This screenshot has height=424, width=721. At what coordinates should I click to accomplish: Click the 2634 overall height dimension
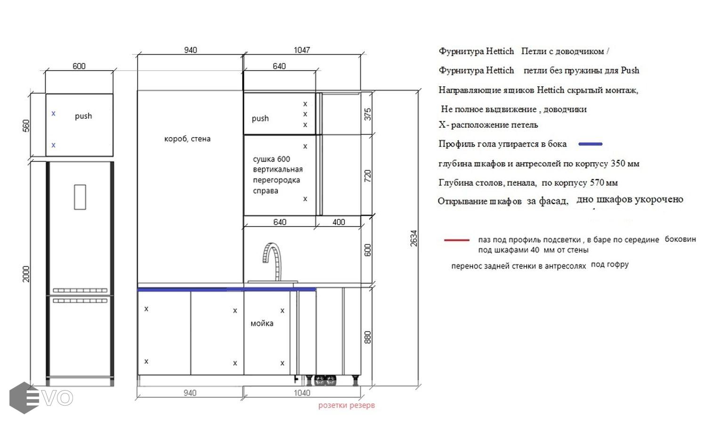click(x=413, y=238)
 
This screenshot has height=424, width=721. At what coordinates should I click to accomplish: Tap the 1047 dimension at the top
click(x=301, y=50)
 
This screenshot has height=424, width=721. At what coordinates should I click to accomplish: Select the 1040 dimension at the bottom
click(x=301, y=393)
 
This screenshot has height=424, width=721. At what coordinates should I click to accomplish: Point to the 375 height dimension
click(x=368, y=114)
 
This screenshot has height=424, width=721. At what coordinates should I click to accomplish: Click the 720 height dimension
click(x=368, y=176)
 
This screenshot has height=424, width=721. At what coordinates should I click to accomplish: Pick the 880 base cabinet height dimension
click(x=368, y=337)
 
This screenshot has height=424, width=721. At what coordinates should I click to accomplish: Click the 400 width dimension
click(x=339, y=222)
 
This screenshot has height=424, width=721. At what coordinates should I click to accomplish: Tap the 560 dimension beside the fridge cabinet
click(x=26, y=126)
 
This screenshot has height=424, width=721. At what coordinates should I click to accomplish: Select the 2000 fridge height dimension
click(x=26, y=274)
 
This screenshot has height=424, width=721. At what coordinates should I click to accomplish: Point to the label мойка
click(x=262, y=323)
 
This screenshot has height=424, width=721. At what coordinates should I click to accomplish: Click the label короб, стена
click(x=187, y=139)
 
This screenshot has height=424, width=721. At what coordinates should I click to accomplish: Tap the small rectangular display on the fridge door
click(x=80, y=197)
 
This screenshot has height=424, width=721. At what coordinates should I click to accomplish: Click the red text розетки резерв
click(x=347, y=405)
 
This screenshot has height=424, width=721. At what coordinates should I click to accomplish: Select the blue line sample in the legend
click(x=591, y=144)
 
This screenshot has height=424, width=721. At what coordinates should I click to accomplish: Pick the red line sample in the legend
click(x=457, y=240)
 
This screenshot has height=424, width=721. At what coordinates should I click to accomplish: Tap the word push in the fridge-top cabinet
click(x=83, y=116)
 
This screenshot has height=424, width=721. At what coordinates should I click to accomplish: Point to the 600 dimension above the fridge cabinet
click(x=79, y=66)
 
